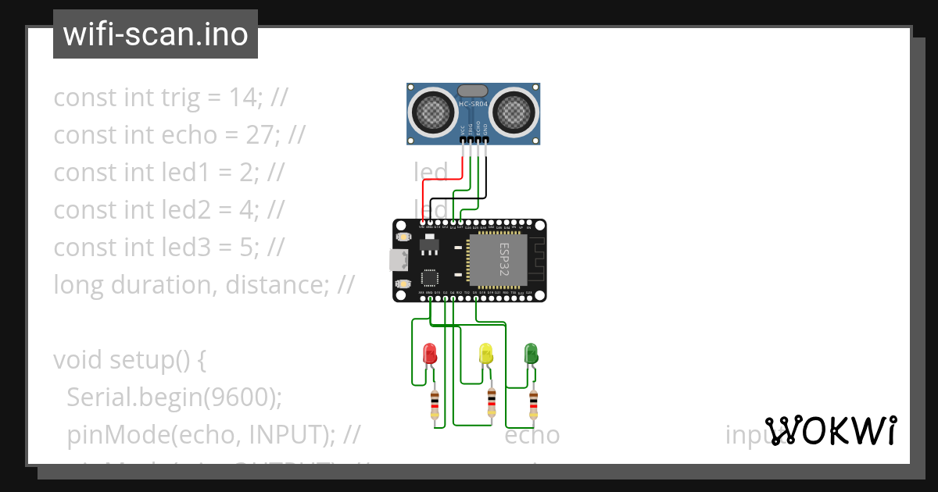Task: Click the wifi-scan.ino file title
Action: (156, 34)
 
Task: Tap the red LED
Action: (429, 354)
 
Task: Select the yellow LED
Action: (485, 354)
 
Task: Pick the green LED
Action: (531, 353)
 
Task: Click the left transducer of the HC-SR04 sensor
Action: (431, 110)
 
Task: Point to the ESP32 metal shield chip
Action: (498, 258)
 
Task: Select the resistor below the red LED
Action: (435, 405)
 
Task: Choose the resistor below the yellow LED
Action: (491, 403)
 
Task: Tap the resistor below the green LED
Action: (533, 403)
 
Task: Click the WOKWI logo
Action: (830, 430)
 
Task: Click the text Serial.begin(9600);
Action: (174, 398)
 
